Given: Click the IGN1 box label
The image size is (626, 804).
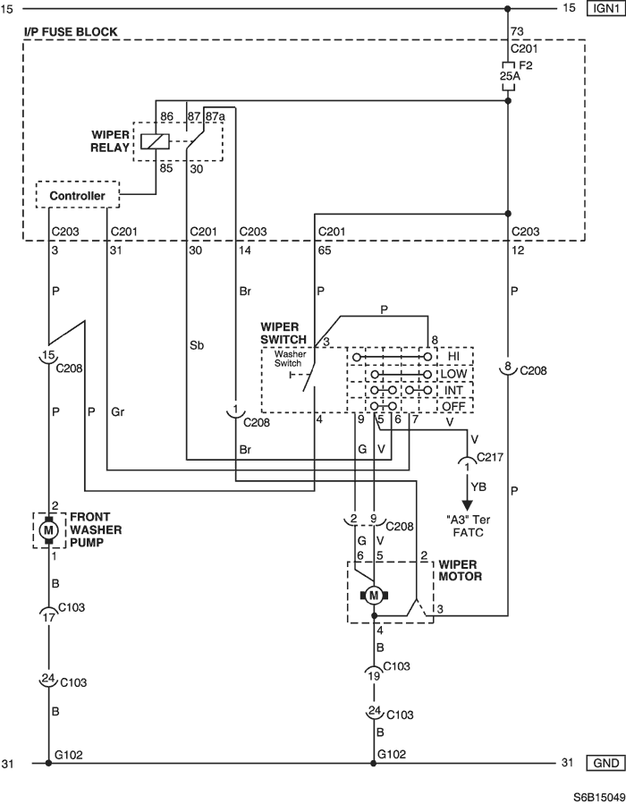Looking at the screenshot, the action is click(605, 9).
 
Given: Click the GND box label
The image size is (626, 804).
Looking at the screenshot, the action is click(605, 763).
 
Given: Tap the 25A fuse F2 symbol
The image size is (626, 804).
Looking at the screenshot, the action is click(508, 76).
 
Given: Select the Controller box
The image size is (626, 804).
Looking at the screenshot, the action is click(78, 195).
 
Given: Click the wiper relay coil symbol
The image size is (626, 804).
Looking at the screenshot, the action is click(155, 141).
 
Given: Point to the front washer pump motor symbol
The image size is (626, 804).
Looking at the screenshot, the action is click(48, 529).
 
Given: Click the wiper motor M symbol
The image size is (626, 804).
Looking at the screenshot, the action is click(374, 596).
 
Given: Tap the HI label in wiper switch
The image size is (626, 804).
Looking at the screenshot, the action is click(453, 356).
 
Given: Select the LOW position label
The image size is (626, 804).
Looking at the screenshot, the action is click(453, 373).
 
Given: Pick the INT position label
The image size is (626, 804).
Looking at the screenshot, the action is click(453, 390).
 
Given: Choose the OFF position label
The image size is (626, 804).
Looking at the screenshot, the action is click(453, 407).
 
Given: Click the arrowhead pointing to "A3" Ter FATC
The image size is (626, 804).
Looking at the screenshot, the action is click(467, 504).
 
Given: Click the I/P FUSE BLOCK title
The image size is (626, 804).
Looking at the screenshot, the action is click(71, 32).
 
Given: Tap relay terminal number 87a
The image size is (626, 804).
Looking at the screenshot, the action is click(216, 116).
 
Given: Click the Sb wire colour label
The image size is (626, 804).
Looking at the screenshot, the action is click(197, 345).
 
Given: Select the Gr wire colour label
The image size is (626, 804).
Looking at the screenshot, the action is click(117, 411).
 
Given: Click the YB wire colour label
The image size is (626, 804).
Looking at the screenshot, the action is click(478, 487).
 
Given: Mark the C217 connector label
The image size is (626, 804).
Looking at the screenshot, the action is click(490, 457).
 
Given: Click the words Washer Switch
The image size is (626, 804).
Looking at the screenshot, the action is click(290, 359).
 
